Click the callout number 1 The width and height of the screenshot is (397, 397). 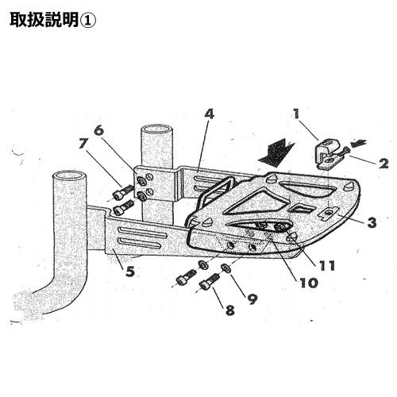[296, 114]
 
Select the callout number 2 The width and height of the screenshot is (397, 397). [384, 164]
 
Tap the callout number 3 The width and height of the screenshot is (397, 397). [372, 222]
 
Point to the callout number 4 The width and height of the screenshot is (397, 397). [209, 114]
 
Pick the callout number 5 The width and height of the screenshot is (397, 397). [130, 271]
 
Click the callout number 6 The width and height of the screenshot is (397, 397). [99, 130]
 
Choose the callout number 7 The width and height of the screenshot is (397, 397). [83, 145]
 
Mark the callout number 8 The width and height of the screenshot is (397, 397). [230, 310]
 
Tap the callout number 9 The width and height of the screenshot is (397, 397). [252, 299]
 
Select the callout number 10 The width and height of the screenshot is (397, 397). [309, 283]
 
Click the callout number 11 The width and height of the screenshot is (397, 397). [327, 265]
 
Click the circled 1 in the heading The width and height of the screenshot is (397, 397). [87, 21]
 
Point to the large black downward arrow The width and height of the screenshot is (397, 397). [276, 153]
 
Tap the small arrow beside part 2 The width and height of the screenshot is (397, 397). [358, 143]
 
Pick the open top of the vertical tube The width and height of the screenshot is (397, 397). [156, 130]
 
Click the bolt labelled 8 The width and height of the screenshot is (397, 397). [209, 283]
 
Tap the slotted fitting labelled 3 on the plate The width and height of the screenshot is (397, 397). [328, 213]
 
